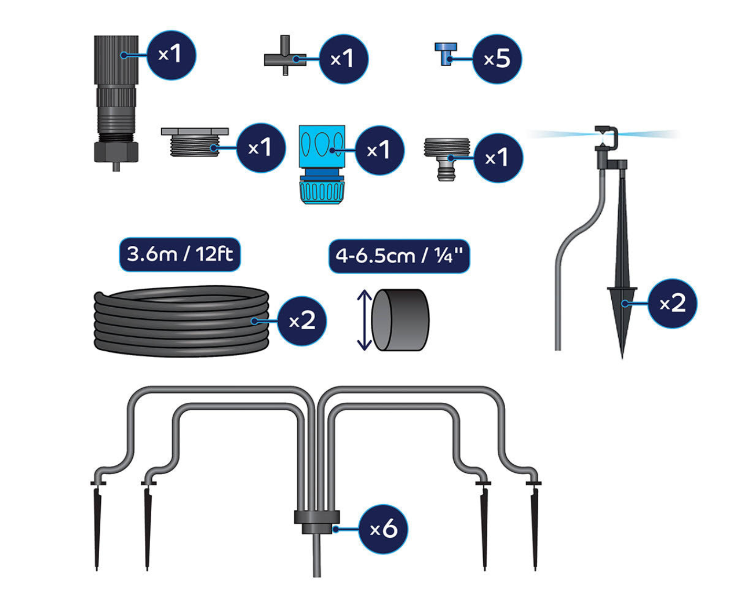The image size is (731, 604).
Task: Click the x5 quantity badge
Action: click(x=497, y=59)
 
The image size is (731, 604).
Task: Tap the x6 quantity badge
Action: click(x=383, y=529)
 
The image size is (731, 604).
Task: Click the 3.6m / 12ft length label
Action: click(x=180, y=255)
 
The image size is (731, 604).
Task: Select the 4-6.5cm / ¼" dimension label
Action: click(x=399, y=256)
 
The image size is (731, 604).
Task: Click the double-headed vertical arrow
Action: click(x=364, y=320)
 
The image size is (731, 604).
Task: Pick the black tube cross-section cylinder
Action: click(x=400, y=320)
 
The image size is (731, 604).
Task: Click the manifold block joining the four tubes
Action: click(x=317, y=520)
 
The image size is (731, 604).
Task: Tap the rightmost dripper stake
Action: click(x=535, y=525)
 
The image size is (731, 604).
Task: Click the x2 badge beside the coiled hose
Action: click(x=302, y=321)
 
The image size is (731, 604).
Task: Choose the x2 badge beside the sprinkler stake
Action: click(x=672, y=304)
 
